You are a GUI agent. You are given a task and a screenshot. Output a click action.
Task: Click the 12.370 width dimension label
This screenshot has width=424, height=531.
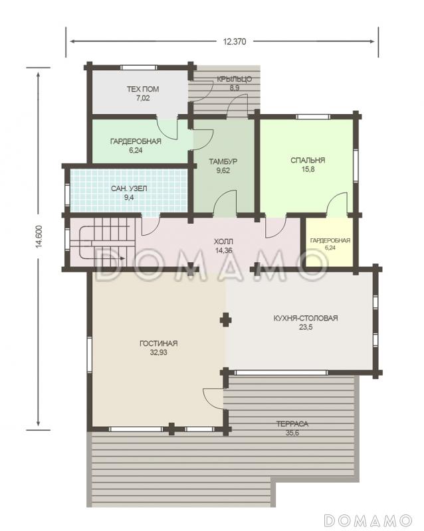tap(235, 42)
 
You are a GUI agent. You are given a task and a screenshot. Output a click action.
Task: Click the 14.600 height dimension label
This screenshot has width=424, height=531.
tap(39, 236)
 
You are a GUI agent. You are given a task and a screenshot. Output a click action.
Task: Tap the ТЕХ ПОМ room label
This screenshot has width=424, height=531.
tap(143, 89)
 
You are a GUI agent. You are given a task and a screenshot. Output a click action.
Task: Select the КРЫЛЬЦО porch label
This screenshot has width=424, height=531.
tap(235, 79)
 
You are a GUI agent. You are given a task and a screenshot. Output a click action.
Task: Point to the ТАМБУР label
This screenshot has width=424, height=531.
tap(223, 161)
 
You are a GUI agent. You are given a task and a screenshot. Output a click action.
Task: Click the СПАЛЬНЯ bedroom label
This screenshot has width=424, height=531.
tap(308, 160)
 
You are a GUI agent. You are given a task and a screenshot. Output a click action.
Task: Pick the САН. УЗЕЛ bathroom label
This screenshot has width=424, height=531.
tap(129, 189)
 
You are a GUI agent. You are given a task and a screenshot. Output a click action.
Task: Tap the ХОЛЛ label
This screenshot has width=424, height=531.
tap(223, 242)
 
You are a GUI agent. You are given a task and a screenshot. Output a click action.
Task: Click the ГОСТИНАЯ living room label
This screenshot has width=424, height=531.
tap(158, 343)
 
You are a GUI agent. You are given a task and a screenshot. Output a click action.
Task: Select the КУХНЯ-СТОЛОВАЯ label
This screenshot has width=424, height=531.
tap(306, 318)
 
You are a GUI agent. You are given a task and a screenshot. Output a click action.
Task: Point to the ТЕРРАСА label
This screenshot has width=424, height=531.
tap(292, 423)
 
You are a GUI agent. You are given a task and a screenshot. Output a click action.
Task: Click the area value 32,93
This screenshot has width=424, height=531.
tap(158, 352)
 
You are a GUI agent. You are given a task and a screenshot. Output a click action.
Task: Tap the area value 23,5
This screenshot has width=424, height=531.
tap(306, 327)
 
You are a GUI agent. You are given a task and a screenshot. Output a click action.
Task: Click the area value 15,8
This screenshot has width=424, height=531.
tap(308, 169)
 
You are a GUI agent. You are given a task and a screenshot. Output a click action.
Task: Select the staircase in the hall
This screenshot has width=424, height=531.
tap(102, 243)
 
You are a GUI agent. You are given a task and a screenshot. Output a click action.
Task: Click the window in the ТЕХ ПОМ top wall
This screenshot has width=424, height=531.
tap(139, 68)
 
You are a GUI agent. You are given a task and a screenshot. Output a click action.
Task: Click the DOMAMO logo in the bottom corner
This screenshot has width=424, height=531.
tap(368, 520)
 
